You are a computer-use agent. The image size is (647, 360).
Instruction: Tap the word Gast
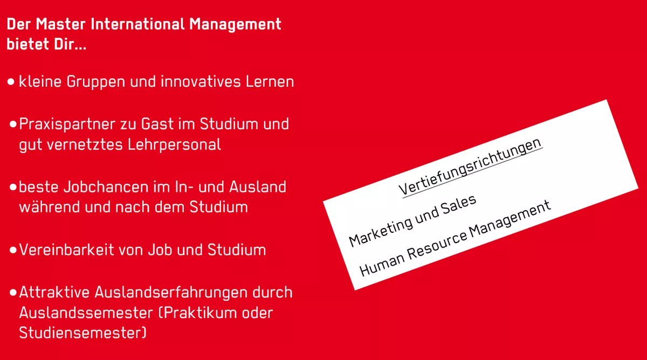[x=159, y=124]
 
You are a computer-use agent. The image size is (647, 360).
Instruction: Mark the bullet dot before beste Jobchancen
[x=13, y=187]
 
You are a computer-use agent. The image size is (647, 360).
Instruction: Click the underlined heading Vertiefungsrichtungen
[x=470, y=166]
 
